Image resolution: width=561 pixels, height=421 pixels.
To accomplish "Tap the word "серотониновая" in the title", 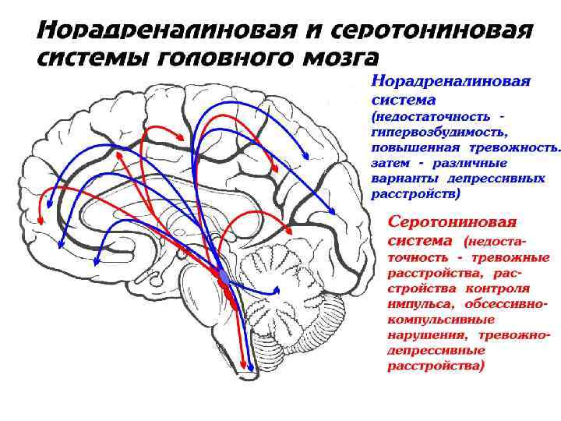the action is (433, 30).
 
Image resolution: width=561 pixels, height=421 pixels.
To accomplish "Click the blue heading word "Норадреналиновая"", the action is (450, 82).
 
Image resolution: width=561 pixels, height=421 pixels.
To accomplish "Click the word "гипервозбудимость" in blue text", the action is (433, 133).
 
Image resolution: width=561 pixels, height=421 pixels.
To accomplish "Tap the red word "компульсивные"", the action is (440, 320).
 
